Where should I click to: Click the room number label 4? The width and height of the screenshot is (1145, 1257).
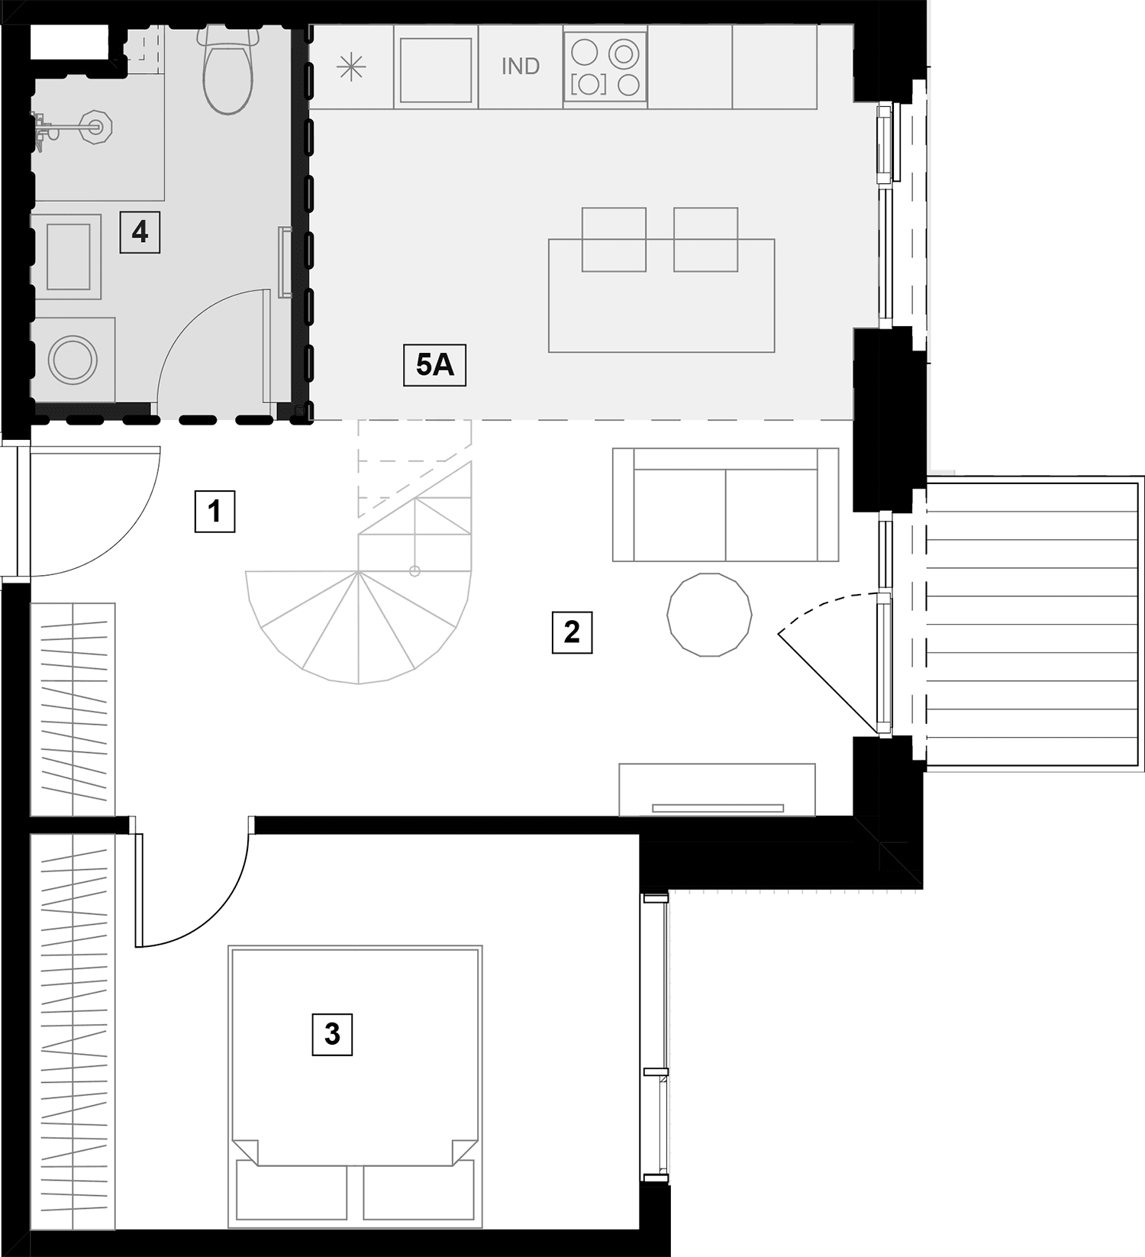pos(140,231)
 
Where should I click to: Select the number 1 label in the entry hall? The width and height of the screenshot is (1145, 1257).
pos(214,511)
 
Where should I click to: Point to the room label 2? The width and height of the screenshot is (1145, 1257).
pos(572,632)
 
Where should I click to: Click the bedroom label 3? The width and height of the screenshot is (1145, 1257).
pos(332,1034)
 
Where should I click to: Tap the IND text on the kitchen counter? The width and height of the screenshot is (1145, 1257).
pos(521,66)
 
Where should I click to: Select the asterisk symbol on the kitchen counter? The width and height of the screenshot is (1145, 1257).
pos(351,67)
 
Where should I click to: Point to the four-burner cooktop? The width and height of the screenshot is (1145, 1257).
pos(605,66)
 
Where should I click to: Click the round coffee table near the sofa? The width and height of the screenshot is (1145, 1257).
pos(709,615)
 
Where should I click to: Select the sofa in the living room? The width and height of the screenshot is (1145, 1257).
pos(725,505)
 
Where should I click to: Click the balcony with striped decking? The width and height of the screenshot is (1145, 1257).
pos(1034,622)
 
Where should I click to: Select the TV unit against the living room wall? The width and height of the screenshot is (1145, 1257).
pos(718,790)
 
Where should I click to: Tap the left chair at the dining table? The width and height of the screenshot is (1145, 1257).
pos(614,239)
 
